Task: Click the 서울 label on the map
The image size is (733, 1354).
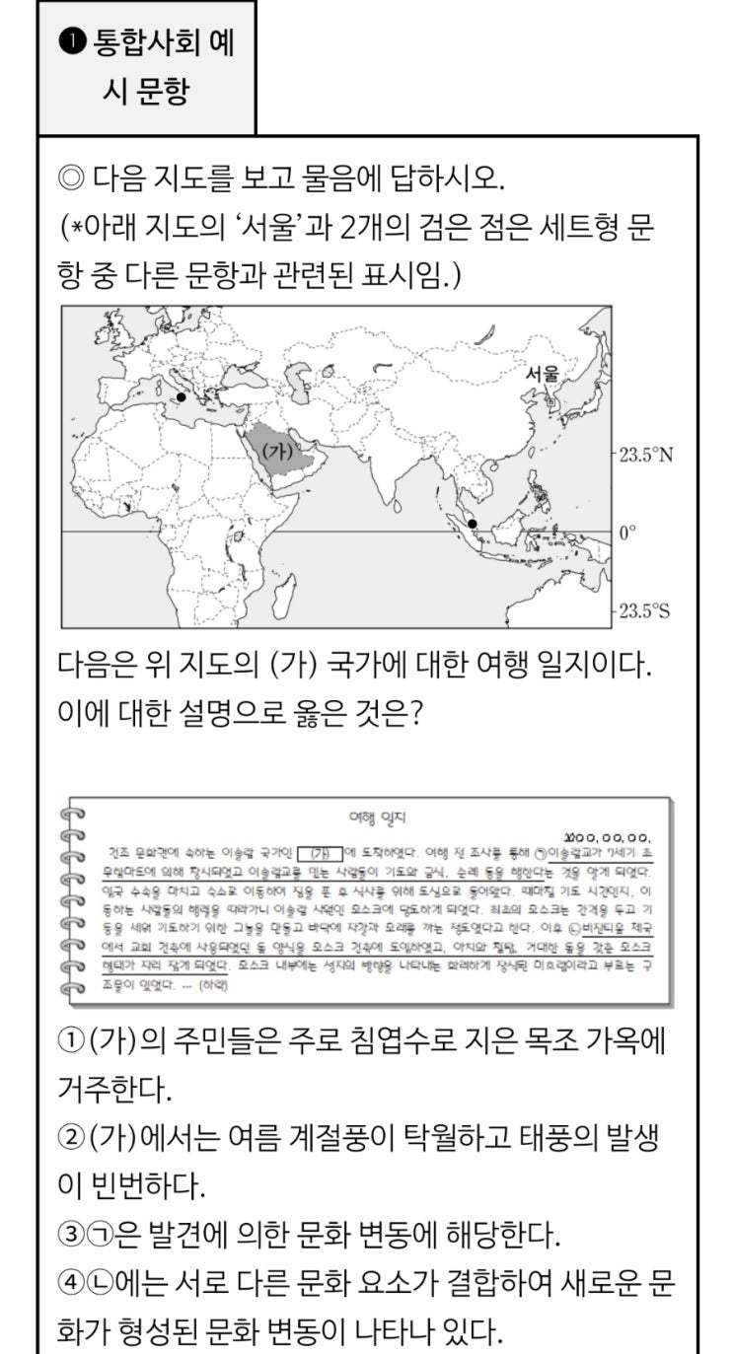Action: coord(543,374)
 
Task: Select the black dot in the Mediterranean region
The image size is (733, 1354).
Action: coord(181,397)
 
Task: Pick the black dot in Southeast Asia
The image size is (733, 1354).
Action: coord(473,523)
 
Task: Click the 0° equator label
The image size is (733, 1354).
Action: coord(627,533)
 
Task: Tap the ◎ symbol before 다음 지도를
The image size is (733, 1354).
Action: coord(72,180)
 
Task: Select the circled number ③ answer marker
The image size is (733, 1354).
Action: coord(69,1234)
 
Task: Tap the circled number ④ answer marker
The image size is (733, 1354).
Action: coord(69,1282)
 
